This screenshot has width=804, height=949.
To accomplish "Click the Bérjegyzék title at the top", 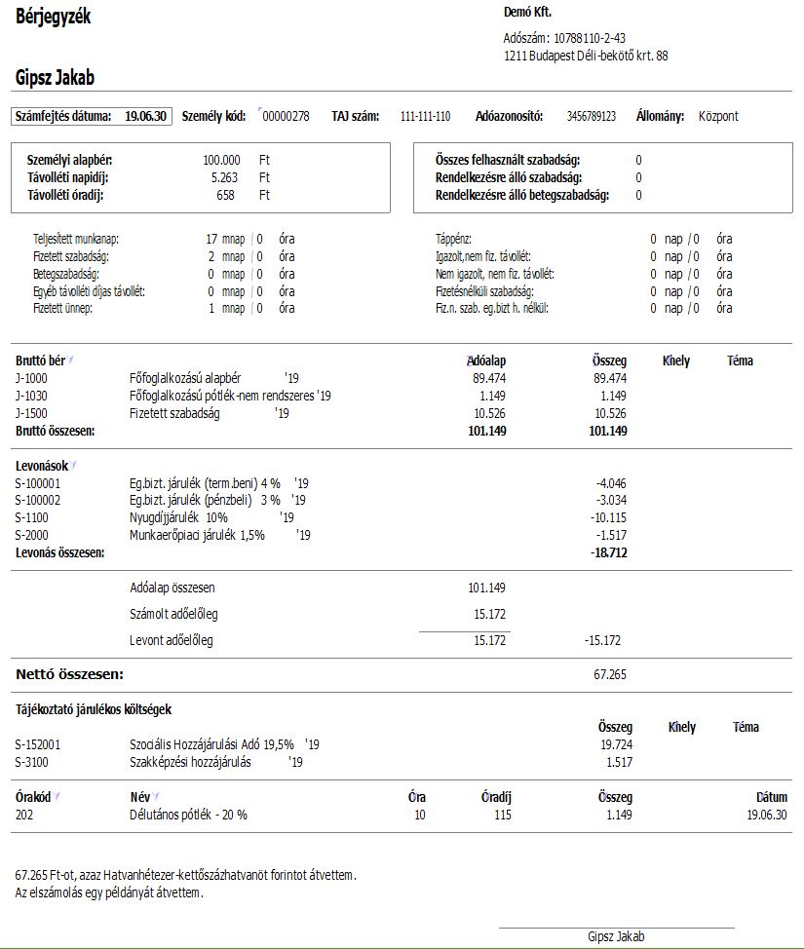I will point(54,17).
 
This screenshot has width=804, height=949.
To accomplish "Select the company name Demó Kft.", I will point(527,13).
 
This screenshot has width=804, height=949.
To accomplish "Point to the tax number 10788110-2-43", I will point(589,39).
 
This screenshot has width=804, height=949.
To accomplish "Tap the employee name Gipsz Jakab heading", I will point(56,79).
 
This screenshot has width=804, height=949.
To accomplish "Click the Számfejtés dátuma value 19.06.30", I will point(146,117).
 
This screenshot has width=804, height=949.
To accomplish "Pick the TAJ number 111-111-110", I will point(425,117).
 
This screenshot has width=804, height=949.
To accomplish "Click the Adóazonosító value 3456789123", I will point(591,117).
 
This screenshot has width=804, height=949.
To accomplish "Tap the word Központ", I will point(718,117).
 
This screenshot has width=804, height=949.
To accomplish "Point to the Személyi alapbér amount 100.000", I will point(221,160).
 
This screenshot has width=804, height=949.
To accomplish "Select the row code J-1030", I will point(31,396).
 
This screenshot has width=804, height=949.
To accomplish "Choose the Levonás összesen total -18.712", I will point(608,552).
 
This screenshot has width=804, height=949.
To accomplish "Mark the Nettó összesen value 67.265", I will point(610,673).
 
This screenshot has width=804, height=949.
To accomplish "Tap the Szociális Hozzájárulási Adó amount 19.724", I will point(616,744).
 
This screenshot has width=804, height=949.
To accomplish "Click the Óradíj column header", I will point(496,797).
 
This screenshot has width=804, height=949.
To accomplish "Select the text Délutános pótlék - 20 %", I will point(188,815).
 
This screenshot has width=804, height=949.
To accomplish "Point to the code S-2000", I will point(32,535).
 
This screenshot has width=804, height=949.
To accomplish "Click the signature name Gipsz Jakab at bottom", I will point(616,936).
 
